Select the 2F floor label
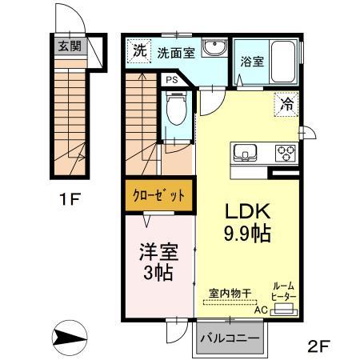318,346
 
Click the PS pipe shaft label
171,80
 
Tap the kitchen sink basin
245,152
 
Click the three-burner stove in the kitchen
284,152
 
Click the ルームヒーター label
284,291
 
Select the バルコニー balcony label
230,338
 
